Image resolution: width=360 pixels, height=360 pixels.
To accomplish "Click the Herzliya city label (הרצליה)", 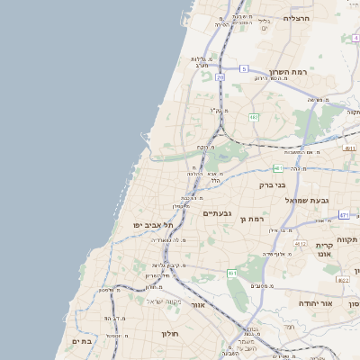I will (x=296, y=18).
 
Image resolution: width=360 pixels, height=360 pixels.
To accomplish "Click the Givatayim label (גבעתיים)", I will (x=218, y=212).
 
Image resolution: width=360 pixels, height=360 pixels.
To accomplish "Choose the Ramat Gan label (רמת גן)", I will (x=258, y=219).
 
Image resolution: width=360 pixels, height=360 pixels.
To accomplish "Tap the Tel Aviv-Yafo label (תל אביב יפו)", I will (x=153, y=225).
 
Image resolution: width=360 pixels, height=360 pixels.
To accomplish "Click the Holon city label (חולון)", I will (x=170, y=333).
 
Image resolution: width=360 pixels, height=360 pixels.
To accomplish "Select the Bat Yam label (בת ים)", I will (x=82, y=341).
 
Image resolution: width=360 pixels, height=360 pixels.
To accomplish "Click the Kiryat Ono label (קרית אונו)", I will (x=325, y=249).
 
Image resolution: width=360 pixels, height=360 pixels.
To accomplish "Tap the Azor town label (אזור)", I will (x=198, y=306).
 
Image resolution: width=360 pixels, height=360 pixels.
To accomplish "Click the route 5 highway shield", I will (x=244, y=68).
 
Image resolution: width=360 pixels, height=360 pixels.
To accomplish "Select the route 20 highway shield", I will (x=220, y=77).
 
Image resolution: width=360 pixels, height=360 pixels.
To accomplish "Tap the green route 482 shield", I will (x=254, y=117).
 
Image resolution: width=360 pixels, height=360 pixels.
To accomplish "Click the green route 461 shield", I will (x=279, y=168).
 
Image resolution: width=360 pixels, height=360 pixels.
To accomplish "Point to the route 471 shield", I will (x=344, y=215).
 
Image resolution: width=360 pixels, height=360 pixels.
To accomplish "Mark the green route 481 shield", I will (x=232, y=273).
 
